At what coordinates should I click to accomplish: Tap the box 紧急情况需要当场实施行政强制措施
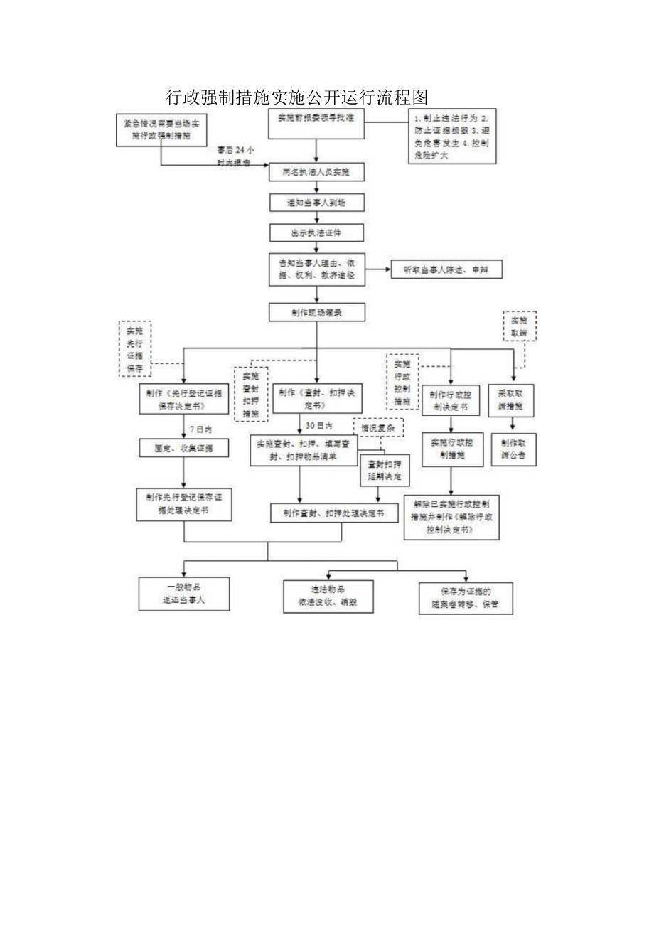pyautogui.click(x=162, y=128)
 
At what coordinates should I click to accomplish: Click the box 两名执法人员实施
pyautogui.click(x=316, y=172)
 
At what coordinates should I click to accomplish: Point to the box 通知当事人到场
pyautogui.click(x=316, y=203)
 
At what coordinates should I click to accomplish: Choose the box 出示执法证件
pyautogui.click(x=316, y=232)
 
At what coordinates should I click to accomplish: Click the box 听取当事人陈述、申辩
pyautogui.click(x=447, y=269)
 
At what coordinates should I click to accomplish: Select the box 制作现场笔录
pyautogui.click(x=316, y=312)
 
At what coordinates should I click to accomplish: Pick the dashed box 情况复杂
pyautogui.click(x=378, y=428)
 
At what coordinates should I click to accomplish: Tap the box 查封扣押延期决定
pyautogui.click(x=384, y=469)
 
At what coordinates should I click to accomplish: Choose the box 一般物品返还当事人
pyautogui.click(x=183, y=594)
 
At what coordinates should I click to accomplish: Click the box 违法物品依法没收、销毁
pyautogui.click(x=328, y=596)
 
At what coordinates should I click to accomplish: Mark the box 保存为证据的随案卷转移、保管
pyautogui.click(x=466, y=597)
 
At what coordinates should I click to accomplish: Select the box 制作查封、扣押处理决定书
pyautogui.click(x=334, y=513)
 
